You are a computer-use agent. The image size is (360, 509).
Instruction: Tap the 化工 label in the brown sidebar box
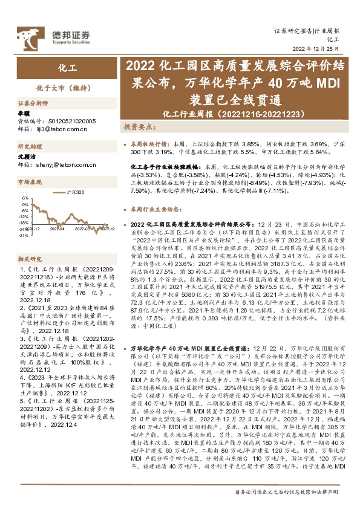tap(67, 68)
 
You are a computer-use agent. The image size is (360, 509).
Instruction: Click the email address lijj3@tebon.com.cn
tap(57, 129)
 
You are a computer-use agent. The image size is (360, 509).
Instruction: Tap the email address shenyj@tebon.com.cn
tap(60, 164)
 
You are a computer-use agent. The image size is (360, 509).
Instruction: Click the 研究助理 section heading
tap(28, 147)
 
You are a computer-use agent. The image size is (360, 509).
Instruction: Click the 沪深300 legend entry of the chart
tap(76, 192)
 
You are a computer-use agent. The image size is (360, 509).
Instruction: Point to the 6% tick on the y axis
tap(25, 198)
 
